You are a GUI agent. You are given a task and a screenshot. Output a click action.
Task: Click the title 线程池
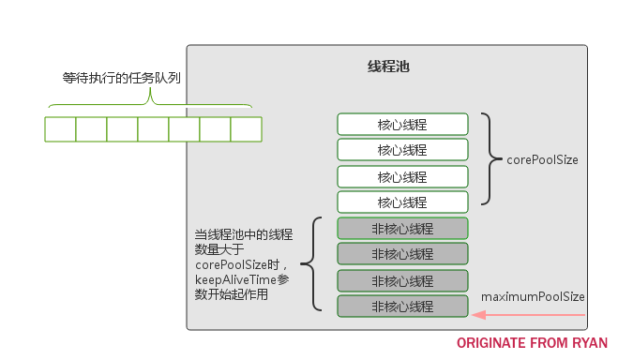[387, 68]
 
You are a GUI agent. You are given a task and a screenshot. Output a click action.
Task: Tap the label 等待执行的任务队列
[123, 79]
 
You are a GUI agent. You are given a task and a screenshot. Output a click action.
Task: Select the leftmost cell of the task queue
[60, 128]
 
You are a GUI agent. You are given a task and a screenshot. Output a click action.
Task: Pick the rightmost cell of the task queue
[246, 128]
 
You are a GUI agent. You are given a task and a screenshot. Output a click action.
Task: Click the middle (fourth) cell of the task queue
[153, 128]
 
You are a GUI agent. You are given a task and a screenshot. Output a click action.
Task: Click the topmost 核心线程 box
[402, 124]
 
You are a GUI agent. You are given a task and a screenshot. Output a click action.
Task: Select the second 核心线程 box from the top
[402, 149]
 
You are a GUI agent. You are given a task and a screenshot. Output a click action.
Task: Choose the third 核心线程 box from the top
[402, 176]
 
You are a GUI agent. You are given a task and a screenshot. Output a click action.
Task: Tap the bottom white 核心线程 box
[402, 202]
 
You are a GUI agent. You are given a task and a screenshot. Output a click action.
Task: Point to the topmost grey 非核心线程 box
[402, 228]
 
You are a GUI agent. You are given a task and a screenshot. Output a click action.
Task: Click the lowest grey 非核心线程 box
[402, 306]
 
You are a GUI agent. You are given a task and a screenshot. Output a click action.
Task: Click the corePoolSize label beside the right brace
[542, 160]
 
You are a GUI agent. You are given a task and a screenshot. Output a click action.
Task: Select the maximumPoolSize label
[533, 296]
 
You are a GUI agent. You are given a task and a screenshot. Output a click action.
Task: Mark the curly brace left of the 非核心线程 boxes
[315, 264]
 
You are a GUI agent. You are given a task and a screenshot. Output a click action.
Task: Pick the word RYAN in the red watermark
[589, 343]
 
